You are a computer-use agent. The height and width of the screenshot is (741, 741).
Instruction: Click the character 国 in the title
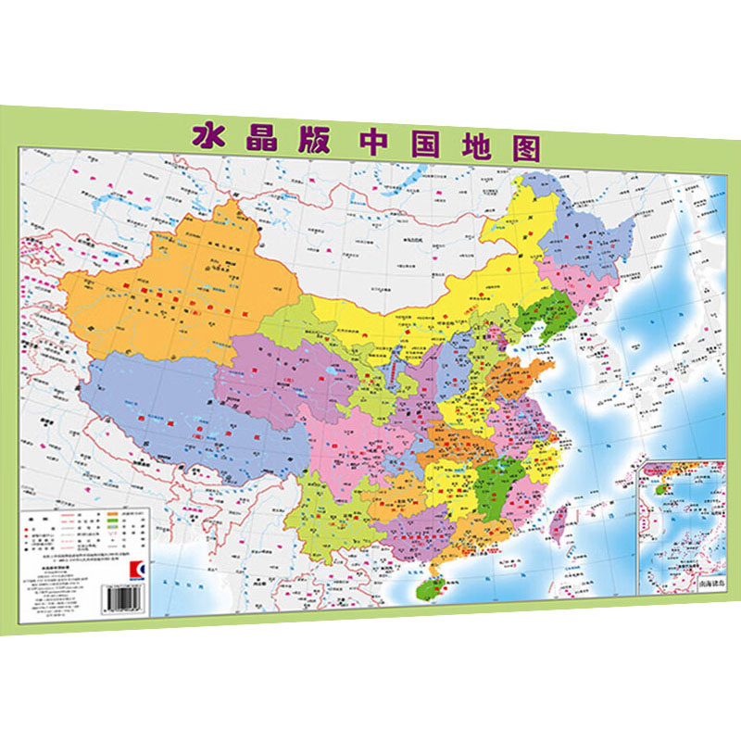421,144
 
